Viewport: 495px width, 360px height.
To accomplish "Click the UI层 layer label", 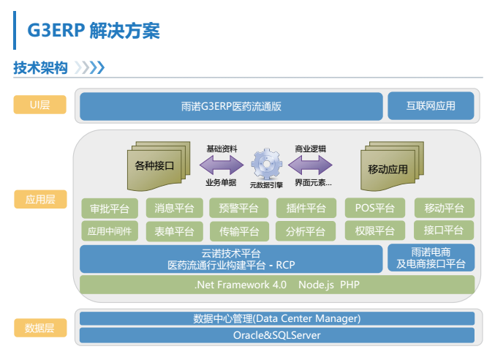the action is (x=39, y=105).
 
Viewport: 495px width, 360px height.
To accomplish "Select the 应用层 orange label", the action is (x=40, y=199).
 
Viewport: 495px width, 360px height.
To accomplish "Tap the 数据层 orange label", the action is (x=40, y=328).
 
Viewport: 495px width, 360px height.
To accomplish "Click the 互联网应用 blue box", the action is (x=431, y=106).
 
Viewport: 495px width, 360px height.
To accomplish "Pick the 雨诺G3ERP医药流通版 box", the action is (x=231, y=106).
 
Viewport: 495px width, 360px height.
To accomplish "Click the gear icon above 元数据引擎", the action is (x=267, y=164).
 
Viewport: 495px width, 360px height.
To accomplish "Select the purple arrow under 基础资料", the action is (x=222, y=165).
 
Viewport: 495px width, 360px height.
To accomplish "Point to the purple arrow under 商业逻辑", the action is (x=310, y=165).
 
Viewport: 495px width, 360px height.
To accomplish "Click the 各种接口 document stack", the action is (x=159, y=166).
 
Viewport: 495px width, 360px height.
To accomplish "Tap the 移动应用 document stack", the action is (x=392, y=166).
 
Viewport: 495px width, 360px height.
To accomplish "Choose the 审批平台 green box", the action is (x=110, y=209).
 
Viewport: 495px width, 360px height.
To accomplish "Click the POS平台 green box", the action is (x=374, y=208).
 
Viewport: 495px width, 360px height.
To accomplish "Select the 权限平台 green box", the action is (x=374, y=230).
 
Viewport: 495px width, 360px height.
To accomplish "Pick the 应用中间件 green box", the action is (x=110, y=231).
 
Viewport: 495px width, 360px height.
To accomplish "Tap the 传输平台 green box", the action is (x=239, y=231).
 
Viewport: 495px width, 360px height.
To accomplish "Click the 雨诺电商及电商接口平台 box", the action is (x=431, y=258).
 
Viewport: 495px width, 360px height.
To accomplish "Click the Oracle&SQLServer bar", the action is (x=277, y=335).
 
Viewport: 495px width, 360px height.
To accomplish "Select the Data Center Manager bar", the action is (x=277, y=318).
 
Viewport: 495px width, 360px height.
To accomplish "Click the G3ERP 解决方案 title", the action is (x=94, y=31).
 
